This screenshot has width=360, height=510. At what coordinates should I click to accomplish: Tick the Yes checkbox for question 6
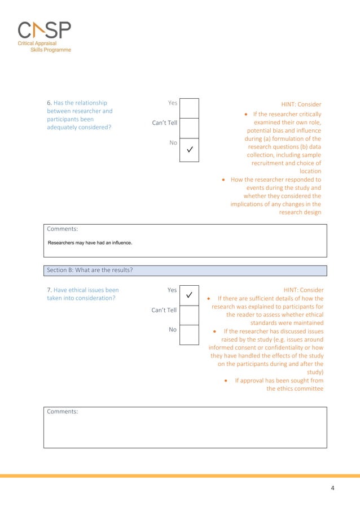190,108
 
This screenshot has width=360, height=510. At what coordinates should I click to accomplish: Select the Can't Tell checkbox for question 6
190,128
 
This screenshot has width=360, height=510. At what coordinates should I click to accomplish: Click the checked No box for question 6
190,150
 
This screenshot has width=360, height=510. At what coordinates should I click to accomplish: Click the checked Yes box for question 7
190,295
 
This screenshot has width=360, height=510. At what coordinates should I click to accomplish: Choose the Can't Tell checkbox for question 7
190,315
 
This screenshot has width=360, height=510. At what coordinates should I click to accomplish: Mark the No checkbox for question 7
190,335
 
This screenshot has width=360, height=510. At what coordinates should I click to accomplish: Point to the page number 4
332,487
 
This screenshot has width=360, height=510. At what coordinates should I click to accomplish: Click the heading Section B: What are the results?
90,270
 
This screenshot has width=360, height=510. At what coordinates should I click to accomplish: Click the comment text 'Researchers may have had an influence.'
90,243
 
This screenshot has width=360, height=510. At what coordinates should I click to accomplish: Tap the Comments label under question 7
62,412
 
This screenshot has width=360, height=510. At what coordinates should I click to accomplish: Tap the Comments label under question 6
62,229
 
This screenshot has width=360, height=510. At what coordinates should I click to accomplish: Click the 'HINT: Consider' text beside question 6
301,104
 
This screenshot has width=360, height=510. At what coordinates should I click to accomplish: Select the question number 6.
49,103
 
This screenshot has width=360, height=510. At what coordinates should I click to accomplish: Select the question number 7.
49,290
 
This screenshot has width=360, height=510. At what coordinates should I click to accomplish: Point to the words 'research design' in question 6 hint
300,212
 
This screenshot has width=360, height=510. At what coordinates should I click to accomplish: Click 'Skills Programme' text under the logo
50,50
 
